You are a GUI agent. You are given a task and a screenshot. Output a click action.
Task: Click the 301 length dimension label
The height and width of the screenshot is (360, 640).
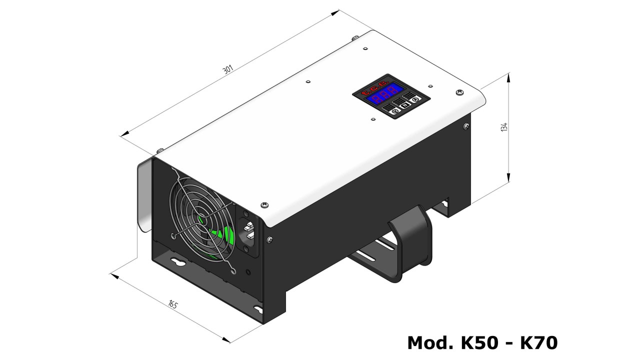click(x=228, y=69)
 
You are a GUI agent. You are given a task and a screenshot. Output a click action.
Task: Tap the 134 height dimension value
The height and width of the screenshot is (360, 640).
click(x=504, y=127)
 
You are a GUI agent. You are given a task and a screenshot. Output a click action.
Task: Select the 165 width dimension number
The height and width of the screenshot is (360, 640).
click(x=173, y=304)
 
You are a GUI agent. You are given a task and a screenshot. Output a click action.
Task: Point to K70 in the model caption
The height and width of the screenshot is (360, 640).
click(x=539, y=343)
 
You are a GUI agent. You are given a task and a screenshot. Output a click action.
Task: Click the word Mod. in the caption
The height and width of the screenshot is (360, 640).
click(x=430, y=343)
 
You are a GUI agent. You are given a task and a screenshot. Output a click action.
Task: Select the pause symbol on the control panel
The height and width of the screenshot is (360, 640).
click(x=405, y=105)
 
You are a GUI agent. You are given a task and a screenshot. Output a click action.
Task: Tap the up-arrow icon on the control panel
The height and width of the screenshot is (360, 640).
click(x=415, y=99)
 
